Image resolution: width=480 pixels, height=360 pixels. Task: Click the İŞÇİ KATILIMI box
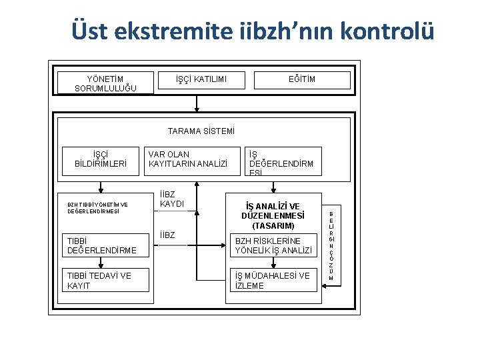pyautogui.click(x=201, y=80)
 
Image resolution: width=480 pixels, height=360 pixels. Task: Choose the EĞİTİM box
pyautogui.click(x=301, y=80)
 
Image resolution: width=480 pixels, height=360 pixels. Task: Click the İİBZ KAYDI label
pyautogui.click(x=172, y=198)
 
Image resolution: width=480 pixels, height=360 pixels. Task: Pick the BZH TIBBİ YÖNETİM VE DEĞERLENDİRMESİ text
pyautogui.click(x=97, y=208)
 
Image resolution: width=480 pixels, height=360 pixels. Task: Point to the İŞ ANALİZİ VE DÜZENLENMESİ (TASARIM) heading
pyautogui.click(x=273, y=216)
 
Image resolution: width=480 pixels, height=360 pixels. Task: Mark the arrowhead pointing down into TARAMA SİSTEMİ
pyautogui.click(x=196, y=109)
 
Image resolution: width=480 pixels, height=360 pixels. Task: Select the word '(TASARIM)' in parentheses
pyautogui.click(x=273, y=226)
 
